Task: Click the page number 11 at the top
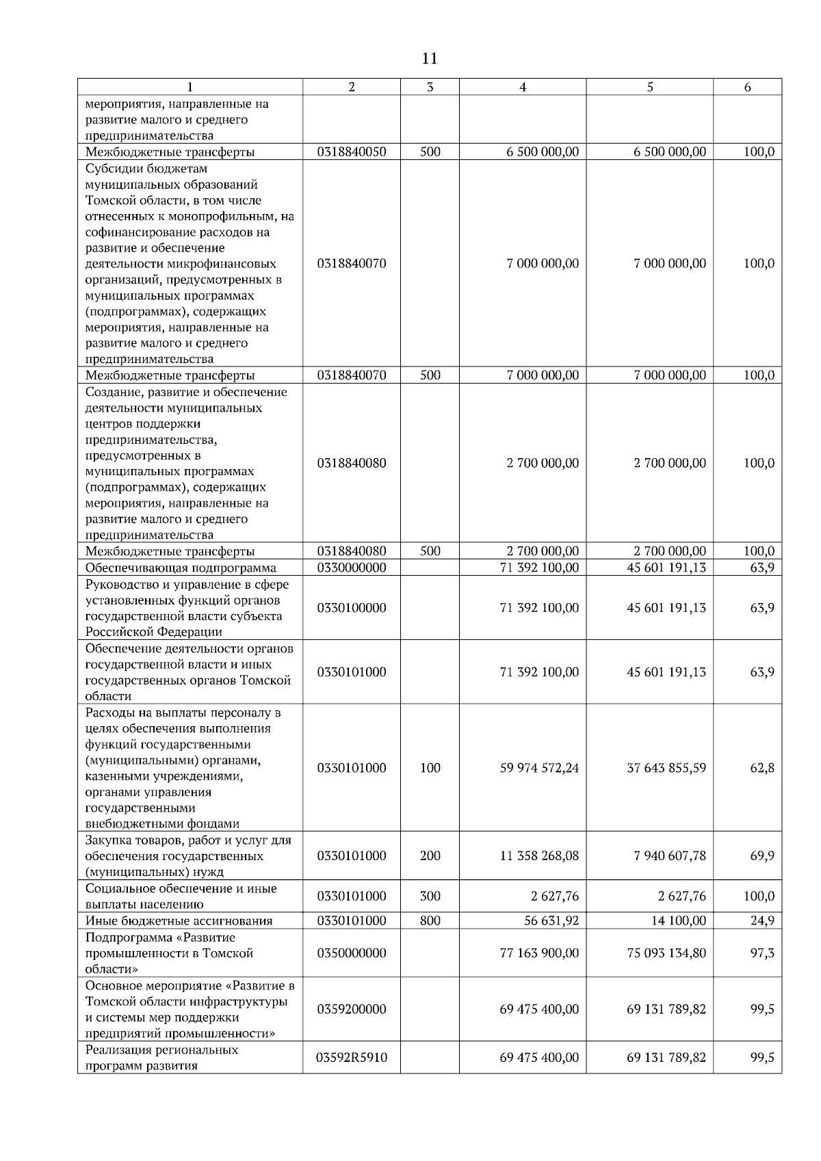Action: (429, 59)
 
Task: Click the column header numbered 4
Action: (522, 87)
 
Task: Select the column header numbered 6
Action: (747, 87)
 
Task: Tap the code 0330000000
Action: (352, 568)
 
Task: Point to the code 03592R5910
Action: (352, 1058)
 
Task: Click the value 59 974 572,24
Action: (539, 768)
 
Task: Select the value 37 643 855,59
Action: (666, 768)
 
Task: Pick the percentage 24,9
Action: (762, 920)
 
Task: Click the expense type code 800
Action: (430, 920)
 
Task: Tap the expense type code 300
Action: (430, 896)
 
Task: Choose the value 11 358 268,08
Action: (539, 856)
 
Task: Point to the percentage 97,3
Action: (762, 953)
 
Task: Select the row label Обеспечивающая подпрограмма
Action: (181, 568)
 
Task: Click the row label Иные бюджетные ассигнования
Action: (179, 920)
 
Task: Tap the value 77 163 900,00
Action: (539, 953)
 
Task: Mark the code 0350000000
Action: (352, 953)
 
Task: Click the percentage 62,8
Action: (762, 768)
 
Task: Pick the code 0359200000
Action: (352, 1009)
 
